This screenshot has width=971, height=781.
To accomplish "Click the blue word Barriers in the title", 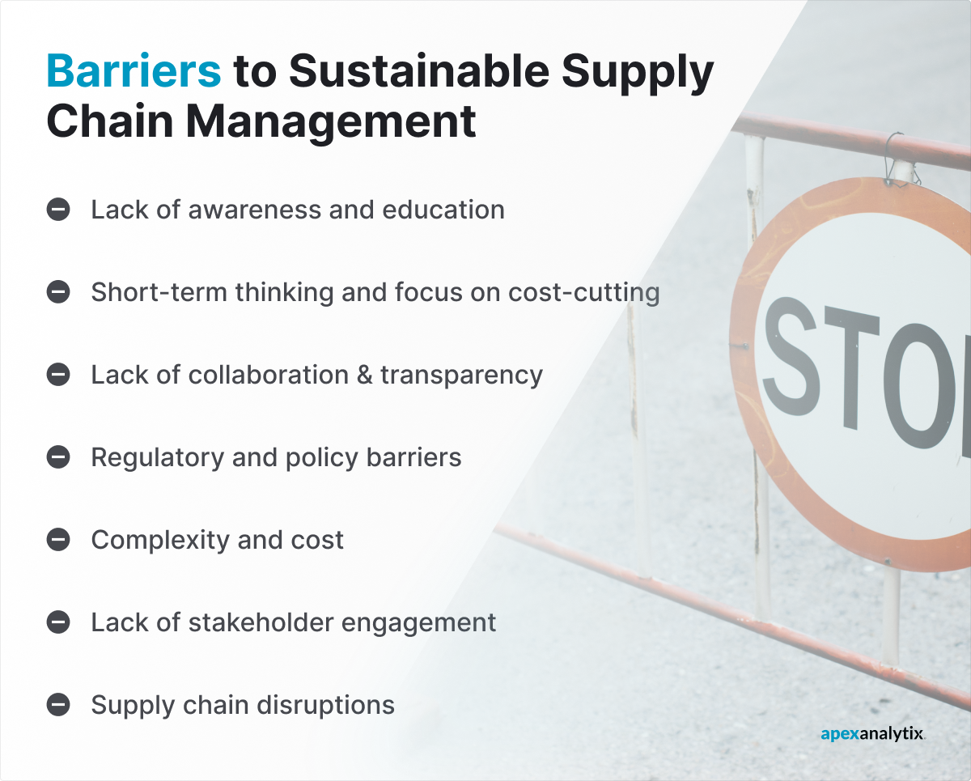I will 134,71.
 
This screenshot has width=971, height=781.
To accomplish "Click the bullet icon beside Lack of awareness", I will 58,210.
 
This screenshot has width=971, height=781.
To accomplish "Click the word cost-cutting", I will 583,292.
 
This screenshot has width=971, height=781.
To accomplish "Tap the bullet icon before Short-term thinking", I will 58,292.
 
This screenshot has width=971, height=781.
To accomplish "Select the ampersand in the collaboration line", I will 360,375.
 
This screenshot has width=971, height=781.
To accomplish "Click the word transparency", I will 461,376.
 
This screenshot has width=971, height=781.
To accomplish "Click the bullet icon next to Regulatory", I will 58,457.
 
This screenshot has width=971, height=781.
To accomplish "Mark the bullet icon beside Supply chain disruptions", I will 58,705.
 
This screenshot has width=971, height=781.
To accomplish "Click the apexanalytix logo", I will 872,734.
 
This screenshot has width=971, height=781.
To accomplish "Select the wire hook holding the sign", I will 896,159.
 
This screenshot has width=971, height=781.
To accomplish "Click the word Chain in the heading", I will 100,121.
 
